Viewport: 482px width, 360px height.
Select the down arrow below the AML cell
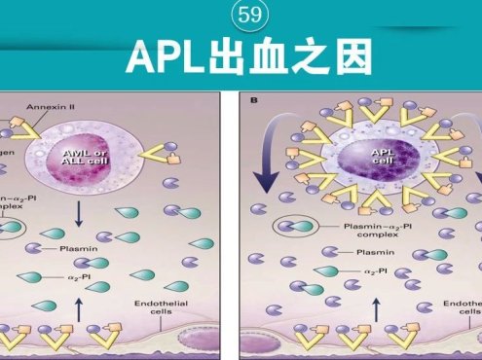point(105,215)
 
